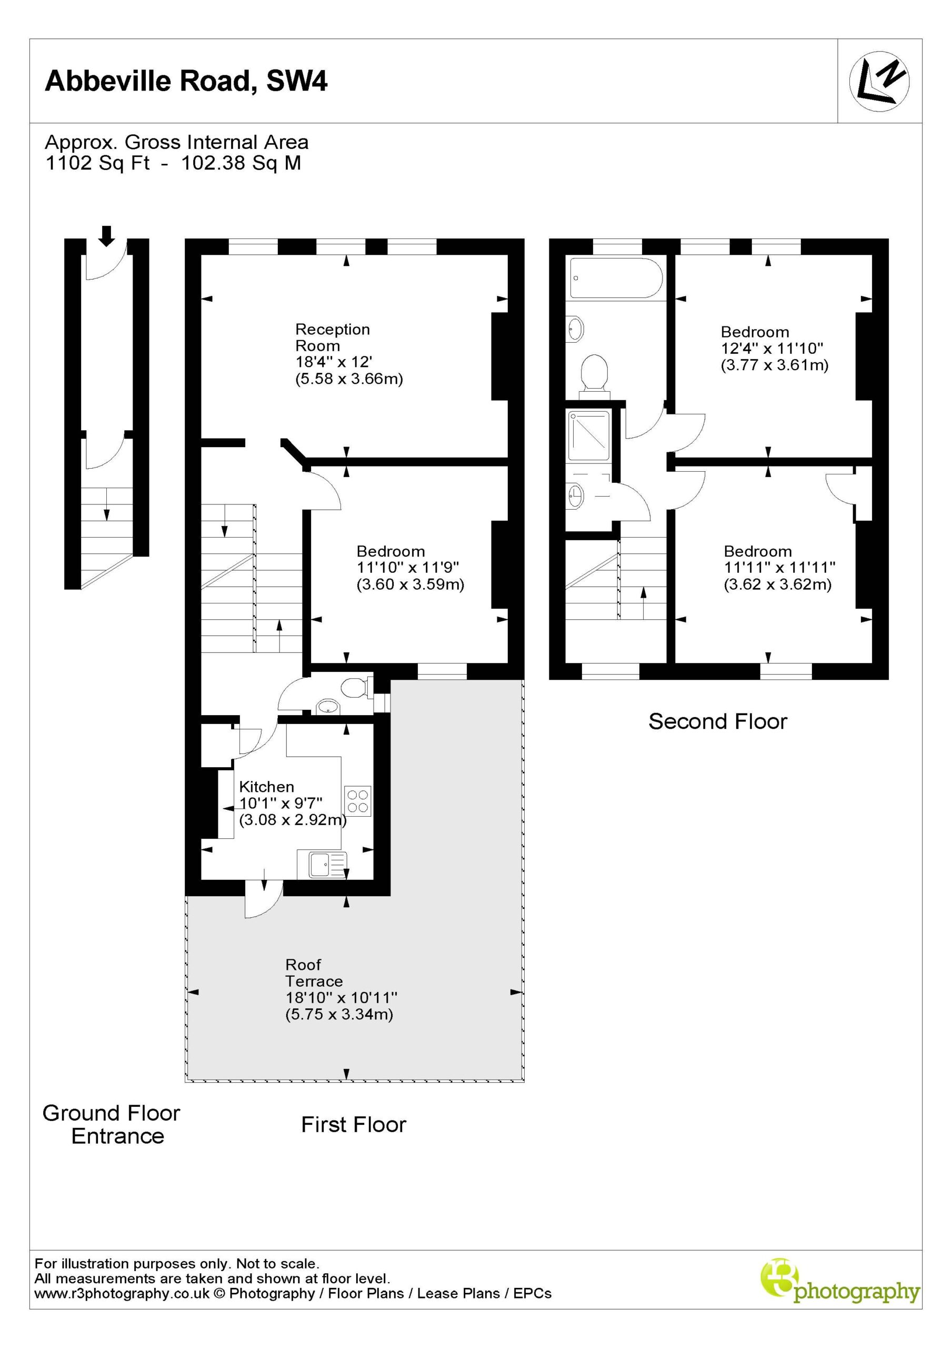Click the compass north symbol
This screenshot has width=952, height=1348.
(879, 81)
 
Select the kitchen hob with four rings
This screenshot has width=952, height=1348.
(357, 801)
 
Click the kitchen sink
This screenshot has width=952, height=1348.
(322, 864)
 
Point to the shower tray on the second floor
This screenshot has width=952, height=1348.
(589, 435)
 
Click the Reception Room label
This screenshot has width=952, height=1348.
(332, 337)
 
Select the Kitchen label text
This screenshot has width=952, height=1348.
(266, 786)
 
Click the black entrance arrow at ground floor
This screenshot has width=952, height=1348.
(106, 236)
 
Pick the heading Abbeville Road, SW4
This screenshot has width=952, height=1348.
(186, 81)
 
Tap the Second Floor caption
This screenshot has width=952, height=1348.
(717, 721)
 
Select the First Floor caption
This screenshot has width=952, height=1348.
(353, 1124)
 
